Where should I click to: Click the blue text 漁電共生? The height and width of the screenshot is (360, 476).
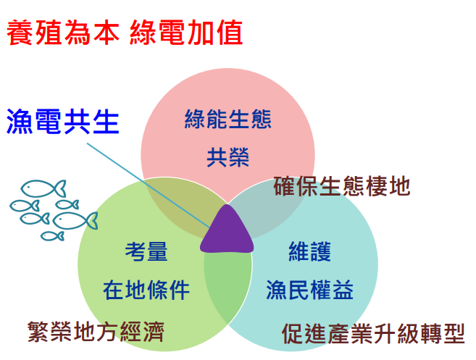pos(62,122)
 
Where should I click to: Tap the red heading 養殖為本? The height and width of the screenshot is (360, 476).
pos(63,33)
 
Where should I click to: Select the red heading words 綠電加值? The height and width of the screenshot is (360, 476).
pos(186,33)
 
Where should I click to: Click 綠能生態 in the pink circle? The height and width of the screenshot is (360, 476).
pos(228,119)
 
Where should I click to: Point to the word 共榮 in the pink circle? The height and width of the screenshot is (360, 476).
pos(228,157)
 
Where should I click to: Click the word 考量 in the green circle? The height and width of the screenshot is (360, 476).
pos(146,251)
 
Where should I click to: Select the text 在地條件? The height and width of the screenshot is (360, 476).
pos(146,290)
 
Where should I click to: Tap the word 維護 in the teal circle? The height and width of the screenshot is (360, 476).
pos(309,251)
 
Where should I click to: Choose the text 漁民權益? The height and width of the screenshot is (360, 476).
pos(309,290)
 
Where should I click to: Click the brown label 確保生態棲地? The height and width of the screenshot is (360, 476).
pos(342,186)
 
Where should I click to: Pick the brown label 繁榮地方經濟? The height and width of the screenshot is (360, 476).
pos(96,332)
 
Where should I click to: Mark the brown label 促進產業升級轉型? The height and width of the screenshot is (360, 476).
pos(373,334)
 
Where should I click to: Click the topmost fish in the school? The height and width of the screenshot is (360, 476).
pos(43,188)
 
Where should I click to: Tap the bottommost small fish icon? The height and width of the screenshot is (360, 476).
pos(52,236)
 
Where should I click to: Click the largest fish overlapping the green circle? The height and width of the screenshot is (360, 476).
pos(75,221)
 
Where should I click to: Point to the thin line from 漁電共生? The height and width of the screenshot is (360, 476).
pos(149,185)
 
